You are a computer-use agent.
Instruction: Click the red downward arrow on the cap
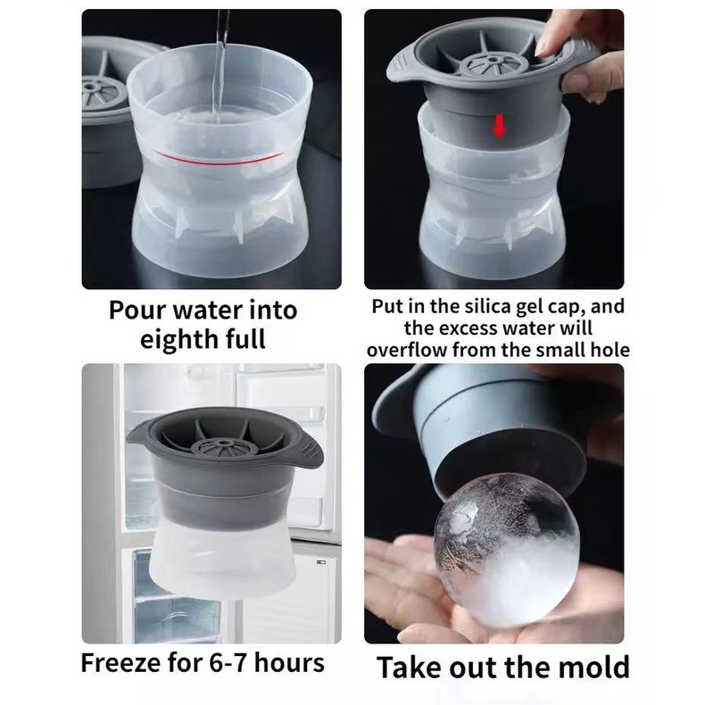[500, 126]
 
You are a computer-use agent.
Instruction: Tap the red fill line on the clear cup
[219, 158]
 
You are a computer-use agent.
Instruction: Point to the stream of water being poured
[220, 68]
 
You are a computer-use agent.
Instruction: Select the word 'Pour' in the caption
[137, 311]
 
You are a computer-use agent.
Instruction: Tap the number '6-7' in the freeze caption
[228, 663]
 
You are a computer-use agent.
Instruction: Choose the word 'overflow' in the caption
[407, 350]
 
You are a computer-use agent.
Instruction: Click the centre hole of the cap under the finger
[493, 60]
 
